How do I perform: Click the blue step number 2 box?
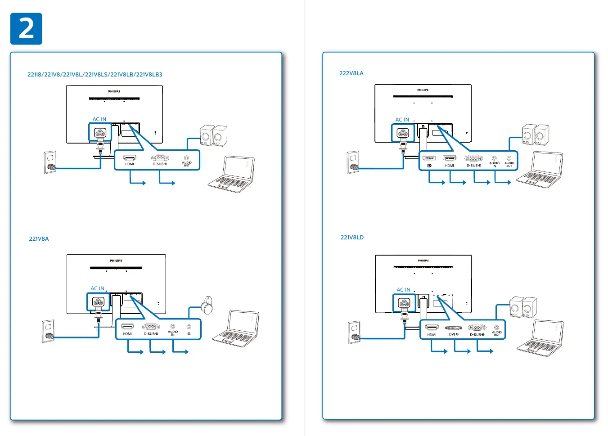pyautogui.click(x=26, y=29)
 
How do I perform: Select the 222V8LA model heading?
pyautogui.click(x=351, y=73)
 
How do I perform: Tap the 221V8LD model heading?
pyautogui.click(x=352, y=238)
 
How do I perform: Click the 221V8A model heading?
pyautogui.click(x=39, y=239)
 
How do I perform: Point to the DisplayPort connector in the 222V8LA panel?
pyautogui.click(x=429, y=158)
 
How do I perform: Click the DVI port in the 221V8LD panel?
pyautogui.click(x=453, y=328)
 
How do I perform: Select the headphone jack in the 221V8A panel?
pyautogui.click(x=189, y=327)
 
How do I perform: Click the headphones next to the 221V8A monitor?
pyautogui.click(x=207, y=305)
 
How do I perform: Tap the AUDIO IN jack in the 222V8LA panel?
pyautogui.click(x=494, y=158)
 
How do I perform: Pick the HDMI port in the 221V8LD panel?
pyautogui.click(x=432, y=328)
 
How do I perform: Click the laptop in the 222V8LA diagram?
pyautogui.click(x=540, y=170)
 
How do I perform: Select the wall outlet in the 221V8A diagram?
pyautogui.click(x=48, y=332)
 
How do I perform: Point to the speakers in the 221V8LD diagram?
pyautogui.click(x=523, y=307)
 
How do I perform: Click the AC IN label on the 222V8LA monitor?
pyautogui.click(x=402, y=120)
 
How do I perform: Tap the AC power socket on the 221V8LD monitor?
pyautogui.click(x=404, y=302)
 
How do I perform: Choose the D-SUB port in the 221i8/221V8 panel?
pyautogui.click(x=160, y=158)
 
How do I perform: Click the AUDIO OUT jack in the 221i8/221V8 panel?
pyautogui.click(x=186, y=157)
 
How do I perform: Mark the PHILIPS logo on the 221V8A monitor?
pyautogui.click(x=116, y=261)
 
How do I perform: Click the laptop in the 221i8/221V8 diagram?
pyautogui.click(x=231, y=174)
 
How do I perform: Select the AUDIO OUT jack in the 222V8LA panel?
pyautogui.click(x=509, y=158)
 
